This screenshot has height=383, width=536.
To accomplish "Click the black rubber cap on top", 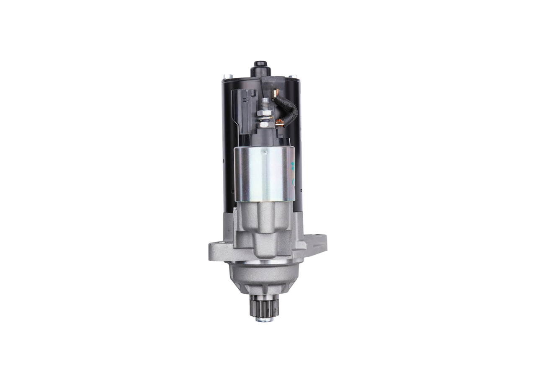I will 259,67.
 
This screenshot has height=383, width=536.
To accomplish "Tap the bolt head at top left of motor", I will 226,76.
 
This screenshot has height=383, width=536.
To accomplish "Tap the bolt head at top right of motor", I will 296,77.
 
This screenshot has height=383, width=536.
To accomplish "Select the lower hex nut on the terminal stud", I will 263,124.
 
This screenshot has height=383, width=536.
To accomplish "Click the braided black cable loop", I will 289,110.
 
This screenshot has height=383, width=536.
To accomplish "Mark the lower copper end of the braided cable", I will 280,123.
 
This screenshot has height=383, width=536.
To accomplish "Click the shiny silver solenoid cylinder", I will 263,174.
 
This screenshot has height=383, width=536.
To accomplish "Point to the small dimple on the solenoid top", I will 264,153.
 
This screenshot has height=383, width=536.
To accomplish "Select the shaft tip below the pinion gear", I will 264,319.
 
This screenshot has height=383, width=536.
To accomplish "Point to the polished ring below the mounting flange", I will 264,262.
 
